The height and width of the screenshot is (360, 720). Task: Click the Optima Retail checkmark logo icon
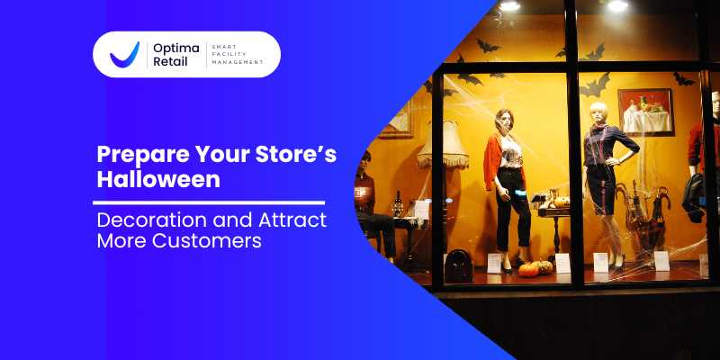tap(124, 55)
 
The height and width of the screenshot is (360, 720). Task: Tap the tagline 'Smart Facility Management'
tap(237, 54)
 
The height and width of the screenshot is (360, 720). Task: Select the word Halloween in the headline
tap(158, 179)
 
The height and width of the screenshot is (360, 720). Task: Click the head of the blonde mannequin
tap(598, 112)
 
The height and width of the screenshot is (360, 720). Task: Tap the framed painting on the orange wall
tap(645, 112)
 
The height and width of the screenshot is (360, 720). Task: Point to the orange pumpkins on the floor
tap(535, 267)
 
